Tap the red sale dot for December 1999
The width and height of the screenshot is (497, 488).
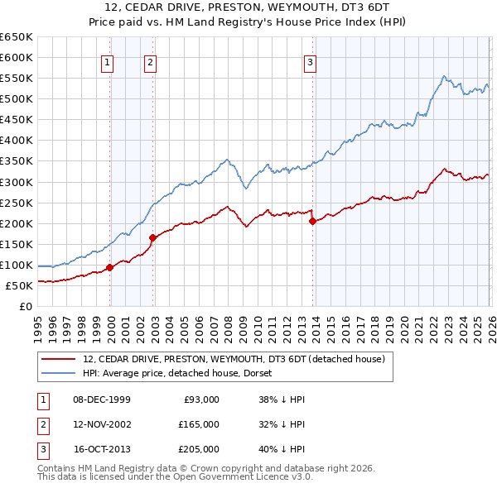click(x=110, y=267)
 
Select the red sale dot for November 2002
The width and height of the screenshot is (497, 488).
click(x=152, y=238)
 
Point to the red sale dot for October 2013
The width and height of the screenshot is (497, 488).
click(x=312, y=221)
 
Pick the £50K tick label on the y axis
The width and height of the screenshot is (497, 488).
click(x=19, y=286)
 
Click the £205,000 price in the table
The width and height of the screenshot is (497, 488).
click(x=199, y=449)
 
